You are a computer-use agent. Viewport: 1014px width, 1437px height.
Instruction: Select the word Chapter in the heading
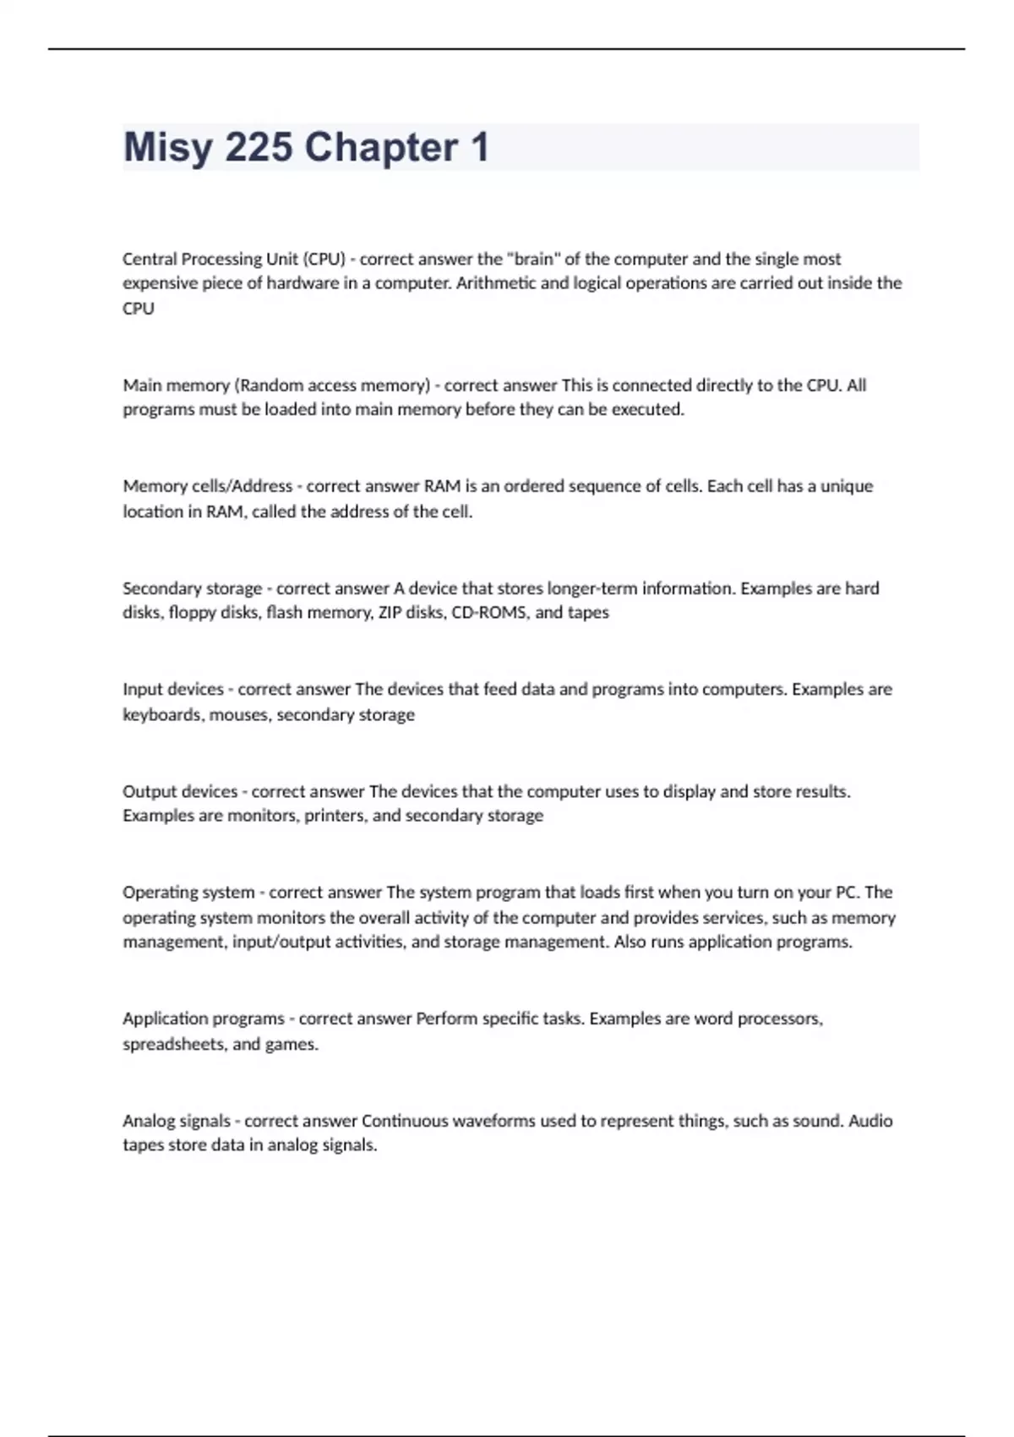click(381, 148)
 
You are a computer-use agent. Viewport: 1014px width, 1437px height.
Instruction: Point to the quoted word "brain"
click(534, 259)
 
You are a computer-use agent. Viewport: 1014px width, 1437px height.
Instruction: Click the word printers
click(335, 816)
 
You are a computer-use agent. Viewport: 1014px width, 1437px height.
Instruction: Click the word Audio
click(870, 1121)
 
